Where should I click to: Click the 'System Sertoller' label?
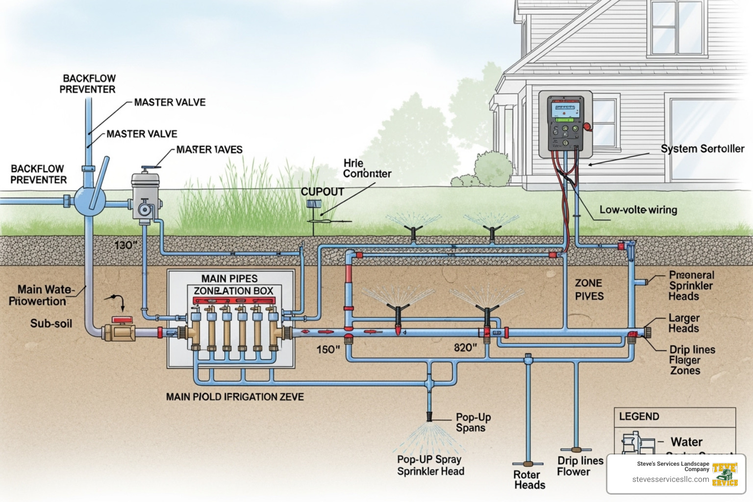702,149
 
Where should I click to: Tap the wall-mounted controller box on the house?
565,124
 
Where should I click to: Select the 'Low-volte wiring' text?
638,210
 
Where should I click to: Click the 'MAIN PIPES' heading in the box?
229,278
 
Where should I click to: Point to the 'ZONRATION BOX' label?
233,291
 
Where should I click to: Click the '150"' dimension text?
328,350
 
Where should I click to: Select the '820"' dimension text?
465,348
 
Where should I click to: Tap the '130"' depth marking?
126,245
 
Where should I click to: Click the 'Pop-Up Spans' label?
473,422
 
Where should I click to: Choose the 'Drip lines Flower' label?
579,466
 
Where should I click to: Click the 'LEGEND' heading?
639,416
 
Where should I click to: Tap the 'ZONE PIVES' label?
589,289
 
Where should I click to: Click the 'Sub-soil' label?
51,324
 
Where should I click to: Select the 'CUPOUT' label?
322,192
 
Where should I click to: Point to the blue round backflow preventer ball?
90,201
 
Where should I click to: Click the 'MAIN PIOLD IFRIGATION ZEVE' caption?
235,397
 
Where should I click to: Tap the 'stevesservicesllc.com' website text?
670,479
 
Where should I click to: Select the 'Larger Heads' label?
684,323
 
